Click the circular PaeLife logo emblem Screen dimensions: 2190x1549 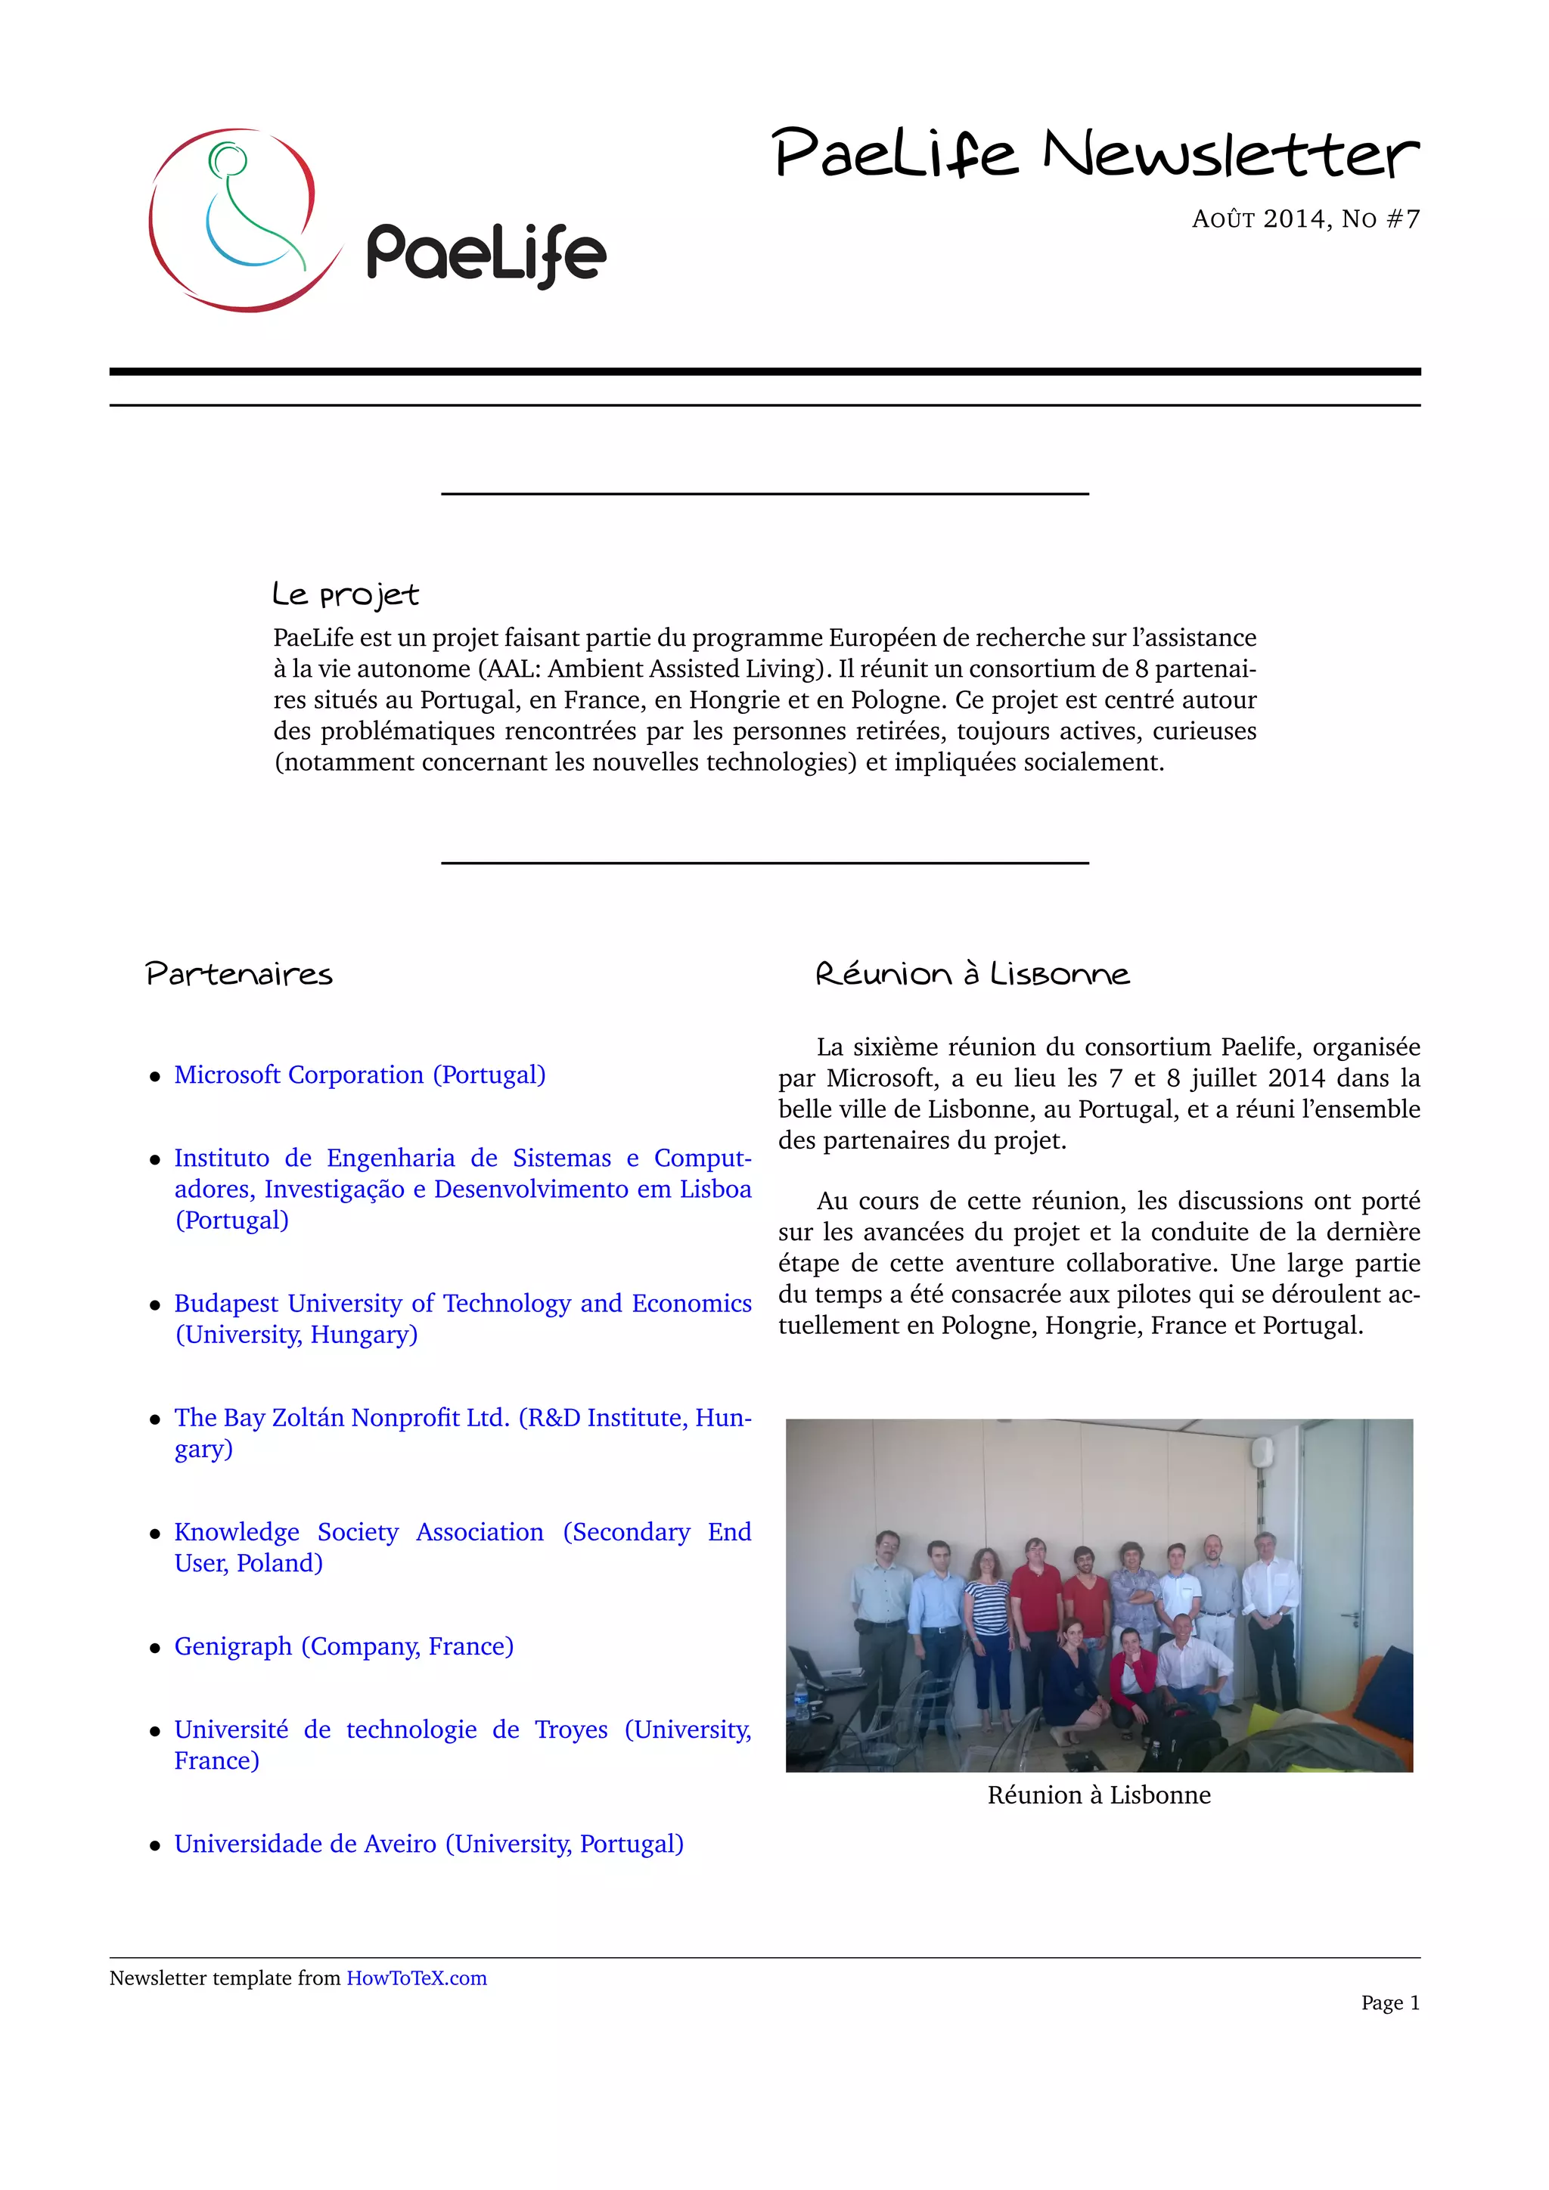(244, 219)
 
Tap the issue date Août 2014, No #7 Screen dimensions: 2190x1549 (1305, 219)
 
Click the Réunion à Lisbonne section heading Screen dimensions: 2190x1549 (972, 974)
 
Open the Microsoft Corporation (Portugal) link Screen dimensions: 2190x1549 (359, 1075)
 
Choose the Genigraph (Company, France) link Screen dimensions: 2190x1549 (343, 1646)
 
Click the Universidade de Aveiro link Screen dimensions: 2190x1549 (428, 1844)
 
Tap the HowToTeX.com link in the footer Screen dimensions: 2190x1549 (416, 1978)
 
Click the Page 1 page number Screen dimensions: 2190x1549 (1389, 2003)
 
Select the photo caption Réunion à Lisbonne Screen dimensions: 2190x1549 (1099, 1795)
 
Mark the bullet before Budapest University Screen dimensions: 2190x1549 (154, 1304)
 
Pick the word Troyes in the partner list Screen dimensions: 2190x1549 (570, 1729)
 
